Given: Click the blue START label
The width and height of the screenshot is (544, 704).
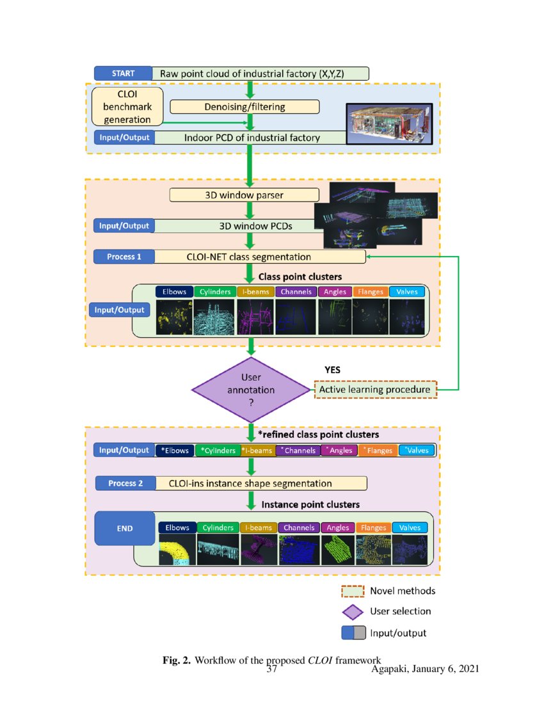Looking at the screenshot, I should (x=123, y=73).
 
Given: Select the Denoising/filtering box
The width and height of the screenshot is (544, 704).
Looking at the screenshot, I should (x=244, y=107).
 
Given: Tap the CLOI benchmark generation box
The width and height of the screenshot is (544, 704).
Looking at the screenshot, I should (x=127, y=106).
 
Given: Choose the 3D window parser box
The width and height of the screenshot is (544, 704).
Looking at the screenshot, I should (x=244, y=195).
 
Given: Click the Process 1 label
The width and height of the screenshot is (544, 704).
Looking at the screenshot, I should (x=124, y=257).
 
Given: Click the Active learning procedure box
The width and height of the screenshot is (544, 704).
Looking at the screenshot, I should (x=375, y=389).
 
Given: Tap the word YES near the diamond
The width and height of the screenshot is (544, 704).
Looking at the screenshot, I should (x=333, y=370).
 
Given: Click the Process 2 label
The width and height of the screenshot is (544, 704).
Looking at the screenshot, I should (x=125, y=483).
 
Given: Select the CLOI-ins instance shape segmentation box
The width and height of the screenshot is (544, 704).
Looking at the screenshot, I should (x=260, y=483).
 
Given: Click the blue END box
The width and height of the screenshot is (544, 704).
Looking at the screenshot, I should (x=125, y=529).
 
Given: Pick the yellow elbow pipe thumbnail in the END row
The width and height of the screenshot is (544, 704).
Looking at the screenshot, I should (x=177, y=550).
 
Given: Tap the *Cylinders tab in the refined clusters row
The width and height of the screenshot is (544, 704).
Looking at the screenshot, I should (x=218, y=451).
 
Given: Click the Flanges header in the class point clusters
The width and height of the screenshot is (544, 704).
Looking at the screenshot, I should (x=371, y=292).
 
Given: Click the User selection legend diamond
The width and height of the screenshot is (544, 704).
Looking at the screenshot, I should (x=353, y=611).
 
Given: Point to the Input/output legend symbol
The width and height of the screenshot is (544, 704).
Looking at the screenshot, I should (x=353, y=633).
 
